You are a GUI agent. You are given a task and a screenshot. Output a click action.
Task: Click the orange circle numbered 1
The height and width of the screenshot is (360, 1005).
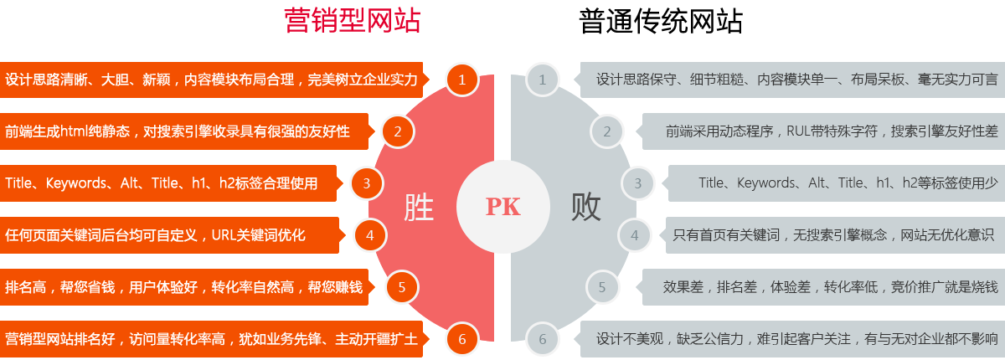pyautogui.click(x=461, y=80)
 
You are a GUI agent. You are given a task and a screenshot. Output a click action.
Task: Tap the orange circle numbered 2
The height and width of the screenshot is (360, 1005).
pyautogui.click(x=398, y=131)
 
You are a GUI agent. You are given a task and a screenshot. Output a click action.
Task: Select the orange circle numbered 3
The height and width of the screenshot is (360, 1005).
pyautogui.click(x=367, y=183)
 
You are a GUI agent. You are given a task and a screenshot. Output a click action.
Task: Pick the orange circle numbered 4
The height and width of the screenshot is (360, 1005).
pyautogui.click(x=370, y=235)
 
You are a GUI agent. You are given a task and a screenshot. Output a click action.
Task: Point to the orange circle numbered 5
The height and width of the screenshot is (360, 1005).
pyautogui.click(x=402, y=287)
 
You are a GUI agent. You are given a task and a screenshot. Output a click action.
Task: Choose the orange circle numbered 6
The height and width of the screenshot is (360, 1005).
pyautogui.click(x=461, y=339)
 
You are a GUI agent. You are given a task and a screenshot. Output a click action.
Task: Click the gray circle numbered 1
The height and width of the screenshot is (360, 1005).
pyautogui.click(x=543, y=80)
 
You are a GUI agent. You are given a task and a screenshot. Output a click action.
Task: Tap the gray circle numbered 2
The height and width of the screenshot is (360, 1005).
pyautogui.click(x=606, y=131)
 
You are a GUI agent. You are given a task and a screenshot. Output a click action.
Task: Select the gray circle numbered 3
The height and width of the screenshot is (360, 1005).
pyautogui.click(x=638, y=183)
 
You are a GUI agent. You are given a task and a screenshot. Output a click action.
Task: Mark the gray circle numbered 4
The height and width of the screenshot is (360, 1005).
pyautogui.click(x=634, y=235)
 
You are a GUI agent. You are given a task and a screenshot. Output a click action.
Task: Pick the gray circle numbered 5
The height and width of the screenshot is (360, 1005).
pyautogui.click(x=602, y=287)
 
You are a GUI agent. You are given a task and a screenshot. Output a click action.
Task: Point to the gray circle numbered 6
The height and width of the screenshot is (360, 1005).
pyautogui.click(x=543, y=339)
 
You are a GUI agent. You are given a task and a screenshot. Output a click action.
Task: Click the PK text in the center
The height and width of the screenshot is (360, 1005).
pyautogui.click(x=502, y=208)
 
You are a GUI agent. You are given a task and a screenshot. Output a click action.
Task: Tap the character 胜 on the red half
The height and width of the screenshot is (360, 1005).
pyautogui.click(x=419, y=207)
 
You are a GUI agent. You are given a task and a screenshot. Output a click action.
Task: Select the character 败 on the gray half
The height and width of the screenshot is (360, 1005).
pyautogui.click(x=586, y=207)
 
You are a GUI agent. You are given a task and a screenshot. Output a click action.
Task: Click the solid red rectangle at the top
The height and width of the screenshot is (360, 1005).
pyautogui.click(x=352, y=21)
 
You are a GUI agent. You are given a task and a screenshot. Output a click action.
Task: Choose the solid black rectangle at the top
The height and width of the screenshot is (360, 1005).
pyautogui.click(x=660, y=21)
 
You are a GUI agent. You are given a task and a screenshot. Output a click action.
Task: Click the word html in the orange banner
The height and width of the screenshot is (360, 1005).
pyautogui.click(x=75, y=131)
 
